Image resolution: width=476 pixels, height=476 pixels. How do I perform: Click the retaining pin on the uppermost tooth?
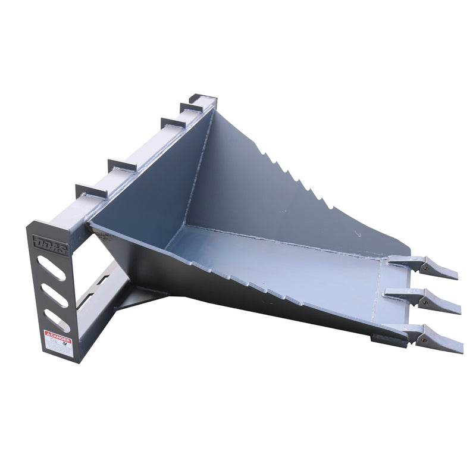pos(425,268)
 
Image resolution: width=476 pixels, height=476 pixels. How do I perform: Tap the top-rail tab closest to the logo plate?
pos(91,191)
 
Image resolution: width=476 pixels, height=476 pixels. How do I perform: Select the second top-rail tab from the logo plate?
pos(122,164)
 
